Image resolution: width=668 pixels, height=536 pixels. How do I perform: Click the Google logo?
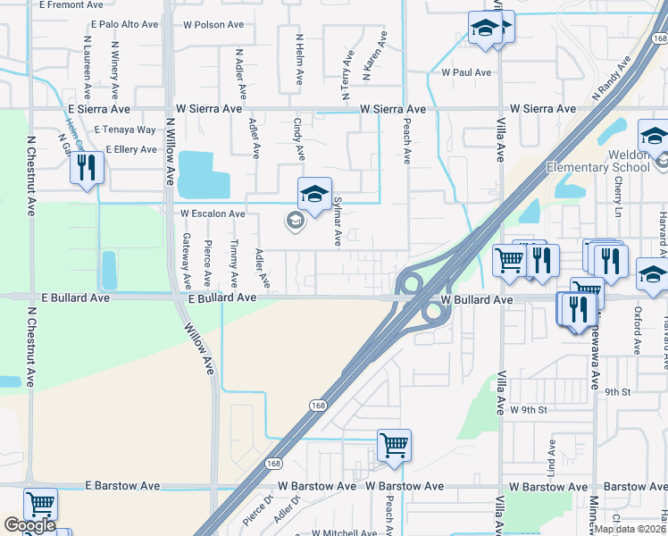point(29,524)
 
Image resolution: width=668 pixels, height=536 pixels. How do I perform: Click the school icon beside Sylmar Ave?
point(314,193)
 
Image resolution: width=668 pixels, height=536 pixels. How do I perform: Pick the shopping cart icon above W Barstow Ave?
point(394,444)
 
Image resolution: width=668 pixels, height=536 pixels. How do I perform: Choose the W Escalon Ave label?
point(213,214)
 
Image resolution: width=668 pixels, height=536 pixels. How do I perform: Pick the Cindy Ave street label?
point(299,140)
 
